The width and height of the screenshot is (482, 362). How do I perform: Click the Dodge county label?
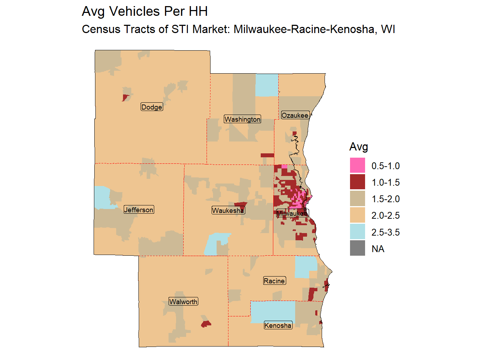click(152, 107)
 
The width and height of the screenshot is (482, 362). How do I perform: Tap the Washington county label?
click(242, 119)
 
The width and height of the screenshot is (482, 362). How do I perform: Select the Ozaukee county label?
click(295, 115)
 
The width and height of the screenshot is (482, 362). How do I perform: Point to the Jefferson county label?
click(139, 210)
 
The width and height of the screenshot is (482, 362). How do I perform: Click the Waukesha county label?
click(228, 210)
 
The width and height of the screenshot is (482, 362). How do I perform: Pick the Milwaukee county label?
click(292, 214)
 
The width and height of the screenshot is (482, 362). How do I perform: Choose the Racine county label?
click(274, 281)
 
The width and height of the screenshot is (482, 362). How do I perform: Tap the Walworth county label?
click(183, 302)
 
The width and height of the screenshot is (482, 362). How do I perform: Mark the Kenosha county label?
click(278, 325)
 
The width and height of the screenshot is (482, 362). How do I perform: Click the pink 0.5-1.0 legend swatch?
click(357, 166)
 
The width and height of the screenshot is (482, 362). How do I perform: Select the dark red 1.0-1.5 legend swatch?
click(357, 182)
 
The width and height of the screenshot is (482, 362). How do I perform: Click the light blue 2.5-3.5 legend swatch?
click(357, 232)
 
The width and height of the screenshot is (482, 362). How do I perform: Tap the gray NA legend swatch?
click(357, 249)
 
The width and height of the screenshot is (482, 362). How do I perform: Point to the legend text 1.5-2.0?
click(386, 199)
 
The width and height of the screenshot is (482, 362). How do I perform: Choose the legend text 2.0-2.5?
click(386, 215)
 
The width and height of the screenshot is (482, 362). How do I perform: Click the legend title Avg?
click(359, 147)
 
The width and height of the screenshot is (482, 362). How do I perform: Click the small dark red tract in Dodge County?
click(125, 97)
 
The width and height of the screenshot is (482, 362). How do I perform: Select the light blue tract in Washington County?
click(267, 85)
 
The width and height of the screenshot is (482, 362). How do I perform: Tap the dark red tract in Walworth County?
click(206, 324)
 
